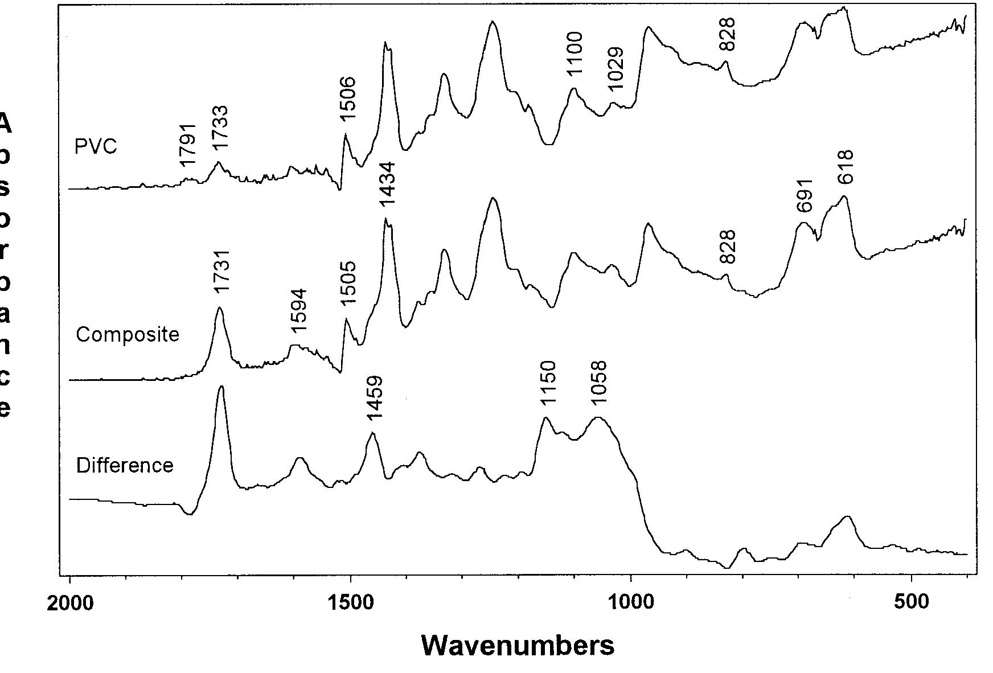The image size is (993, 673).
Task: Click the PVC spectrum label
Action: pyautogui.click(x=96, y=146)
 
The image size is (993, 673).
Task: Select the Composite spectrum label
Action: pyautogui.click(x=127, y=334)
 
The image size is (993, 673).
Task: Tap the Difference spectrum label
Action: pyautogui.click(x=124, y=465)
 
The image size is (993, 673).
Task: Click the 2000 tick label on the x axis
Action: pyautogui.click(x=69, y=602)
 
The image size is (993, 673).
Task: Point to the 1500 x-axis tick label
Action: pyautogui.click(x=350, y=602)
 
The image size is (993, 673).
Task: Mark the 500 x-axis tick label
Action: pyautogui.click(x=912, y=602)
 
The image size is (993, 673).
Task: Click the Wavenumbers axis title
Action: pyautogui.click(x=518, y=645)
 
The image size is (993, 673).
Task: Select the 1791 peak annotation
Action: pyautogui.click(x=187, y=145)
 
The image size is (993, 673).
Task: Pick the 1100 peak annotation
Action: pyautogui.click(x=575, y=54)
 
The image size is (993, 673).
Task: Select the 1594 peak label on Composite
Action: pyautogui.click(x=298, y=311)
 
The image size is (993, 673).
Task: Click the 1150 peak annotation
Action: pyautogui.click(x=547, y=383)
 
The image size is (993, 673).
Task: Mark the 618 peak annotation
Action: pyautogui.click(x=846, y=166)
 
